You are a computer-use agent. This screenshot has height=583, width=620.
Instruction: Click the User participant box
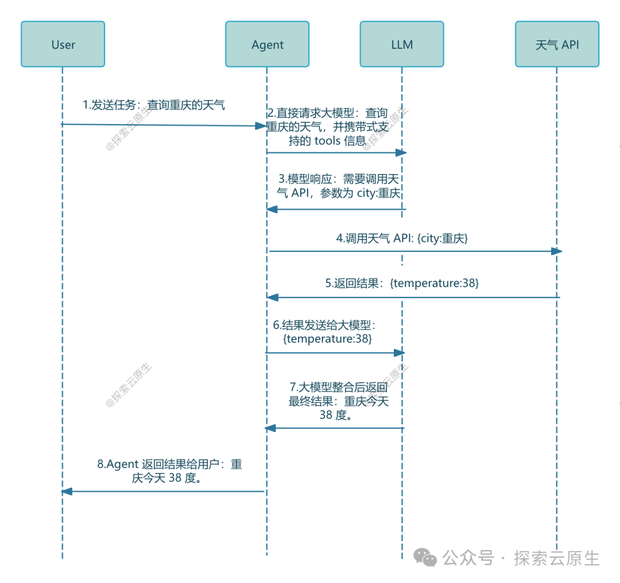[63, 44]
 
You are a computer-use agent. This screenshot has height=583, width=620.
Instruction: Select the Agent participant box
[268, 44]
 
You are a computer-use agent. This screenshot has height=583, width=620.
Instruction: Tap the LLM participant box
[402, 44]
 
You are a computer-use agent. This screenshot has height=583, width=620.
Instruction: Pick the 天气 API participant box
[557, 44]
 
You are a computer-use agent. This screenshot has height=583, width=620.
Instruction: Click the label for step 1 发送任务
[154, 105]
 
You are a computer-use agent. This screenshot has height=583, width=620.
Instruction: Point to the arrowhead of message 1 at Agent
[261, 125]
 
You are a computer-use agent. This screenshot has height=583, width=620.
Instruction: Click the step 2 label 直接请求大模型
[327, 127]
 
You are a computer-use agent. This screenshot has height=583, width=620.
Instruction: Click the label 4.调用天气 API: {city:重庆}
[402, 238]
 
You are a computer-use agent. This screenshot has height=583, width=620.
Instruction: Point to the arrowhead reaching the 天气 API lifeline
[556, 251]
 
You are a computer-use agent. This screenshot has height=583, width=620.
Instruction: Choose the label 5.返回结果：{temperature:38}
[402, 283]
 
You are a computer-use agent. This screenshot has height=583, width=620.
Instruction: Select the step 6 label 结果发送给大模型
[327, 332]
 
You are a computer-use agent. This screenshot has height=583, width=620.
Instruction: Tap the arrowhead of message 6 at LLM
[400, 353]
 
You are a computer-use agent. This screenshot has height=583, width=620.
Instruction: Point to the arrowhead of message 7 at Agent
[270, 428]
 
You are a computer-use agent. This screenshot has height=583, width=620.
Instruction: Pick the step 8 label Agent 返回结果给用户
[169, 471]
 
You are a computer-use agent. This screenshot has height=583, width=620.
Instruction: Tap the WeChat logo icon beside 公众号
[426, 557]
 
